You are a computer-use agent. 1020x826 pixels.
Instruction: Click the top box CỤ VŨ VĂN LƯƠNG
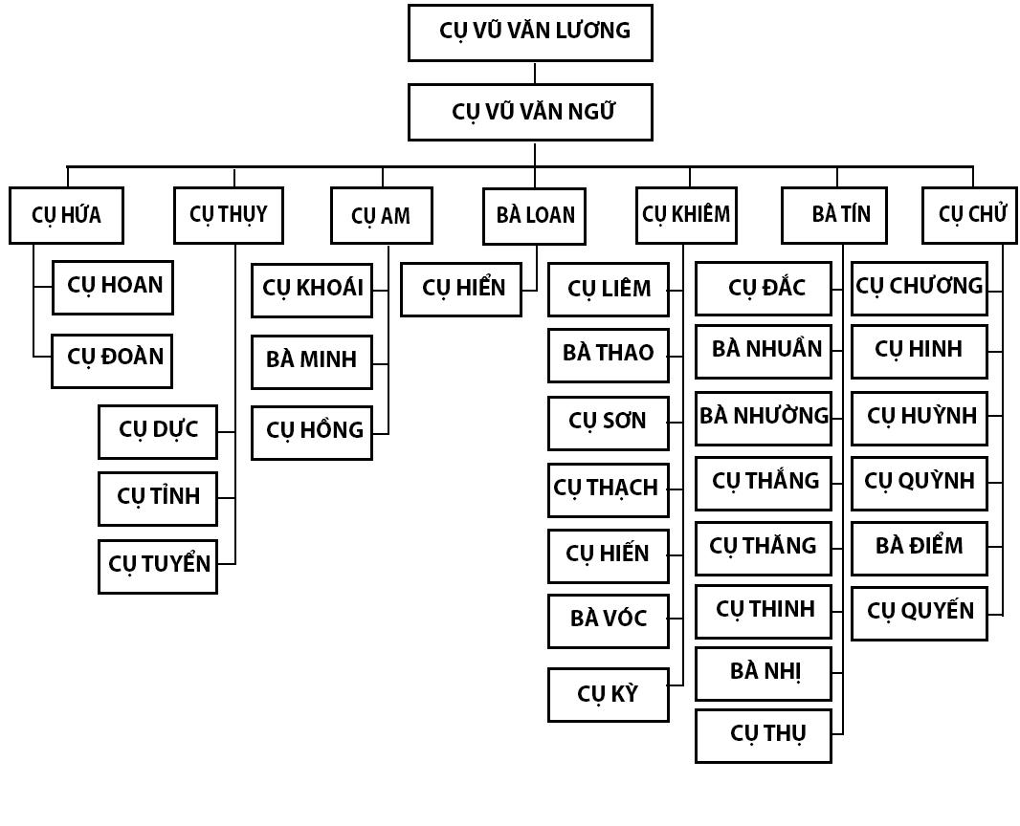530,33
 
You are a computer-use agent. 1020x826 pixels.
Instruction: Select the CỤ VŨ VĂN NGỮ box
530,112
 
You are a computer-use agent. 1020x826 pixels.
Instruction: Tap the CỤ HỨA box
66,215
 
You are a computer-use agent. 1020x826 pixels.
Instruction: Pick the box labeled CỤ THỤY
229,214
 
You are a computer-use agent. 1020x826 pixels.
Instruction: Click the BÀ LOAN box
534,216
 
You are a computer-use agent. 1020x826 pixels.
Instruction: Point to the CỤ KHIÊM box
686,215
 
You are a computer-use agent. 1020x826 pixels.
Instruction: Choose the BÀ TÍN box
834,215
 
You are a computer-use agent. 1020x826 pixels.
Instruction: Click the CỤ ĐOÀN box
112,360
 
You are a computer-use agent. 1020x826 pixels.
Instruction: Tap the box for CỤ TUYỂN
158,566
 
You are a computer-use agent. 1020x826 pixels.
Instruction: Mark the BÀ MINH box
312,361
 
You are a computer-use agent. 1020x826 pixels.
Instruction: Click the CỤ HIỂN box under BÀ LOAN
461,289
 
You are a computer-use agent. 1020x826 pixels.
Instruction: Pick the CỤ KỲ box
608,694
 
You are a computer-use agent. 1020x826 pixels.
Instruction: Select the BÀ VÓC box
608,620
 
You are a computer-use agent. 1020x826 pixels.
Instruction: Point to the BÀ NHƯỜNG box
764,418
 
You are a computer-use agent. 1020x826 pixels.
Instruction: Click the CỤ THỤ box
764,735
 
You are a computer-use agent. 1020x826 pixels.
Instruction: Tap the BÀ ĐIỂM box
919,548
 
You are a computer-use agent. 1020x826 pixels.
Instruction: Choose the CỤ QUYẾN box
919,613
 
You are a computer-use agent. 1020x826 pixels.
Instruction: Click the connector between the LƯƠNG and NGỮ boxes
535,73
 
